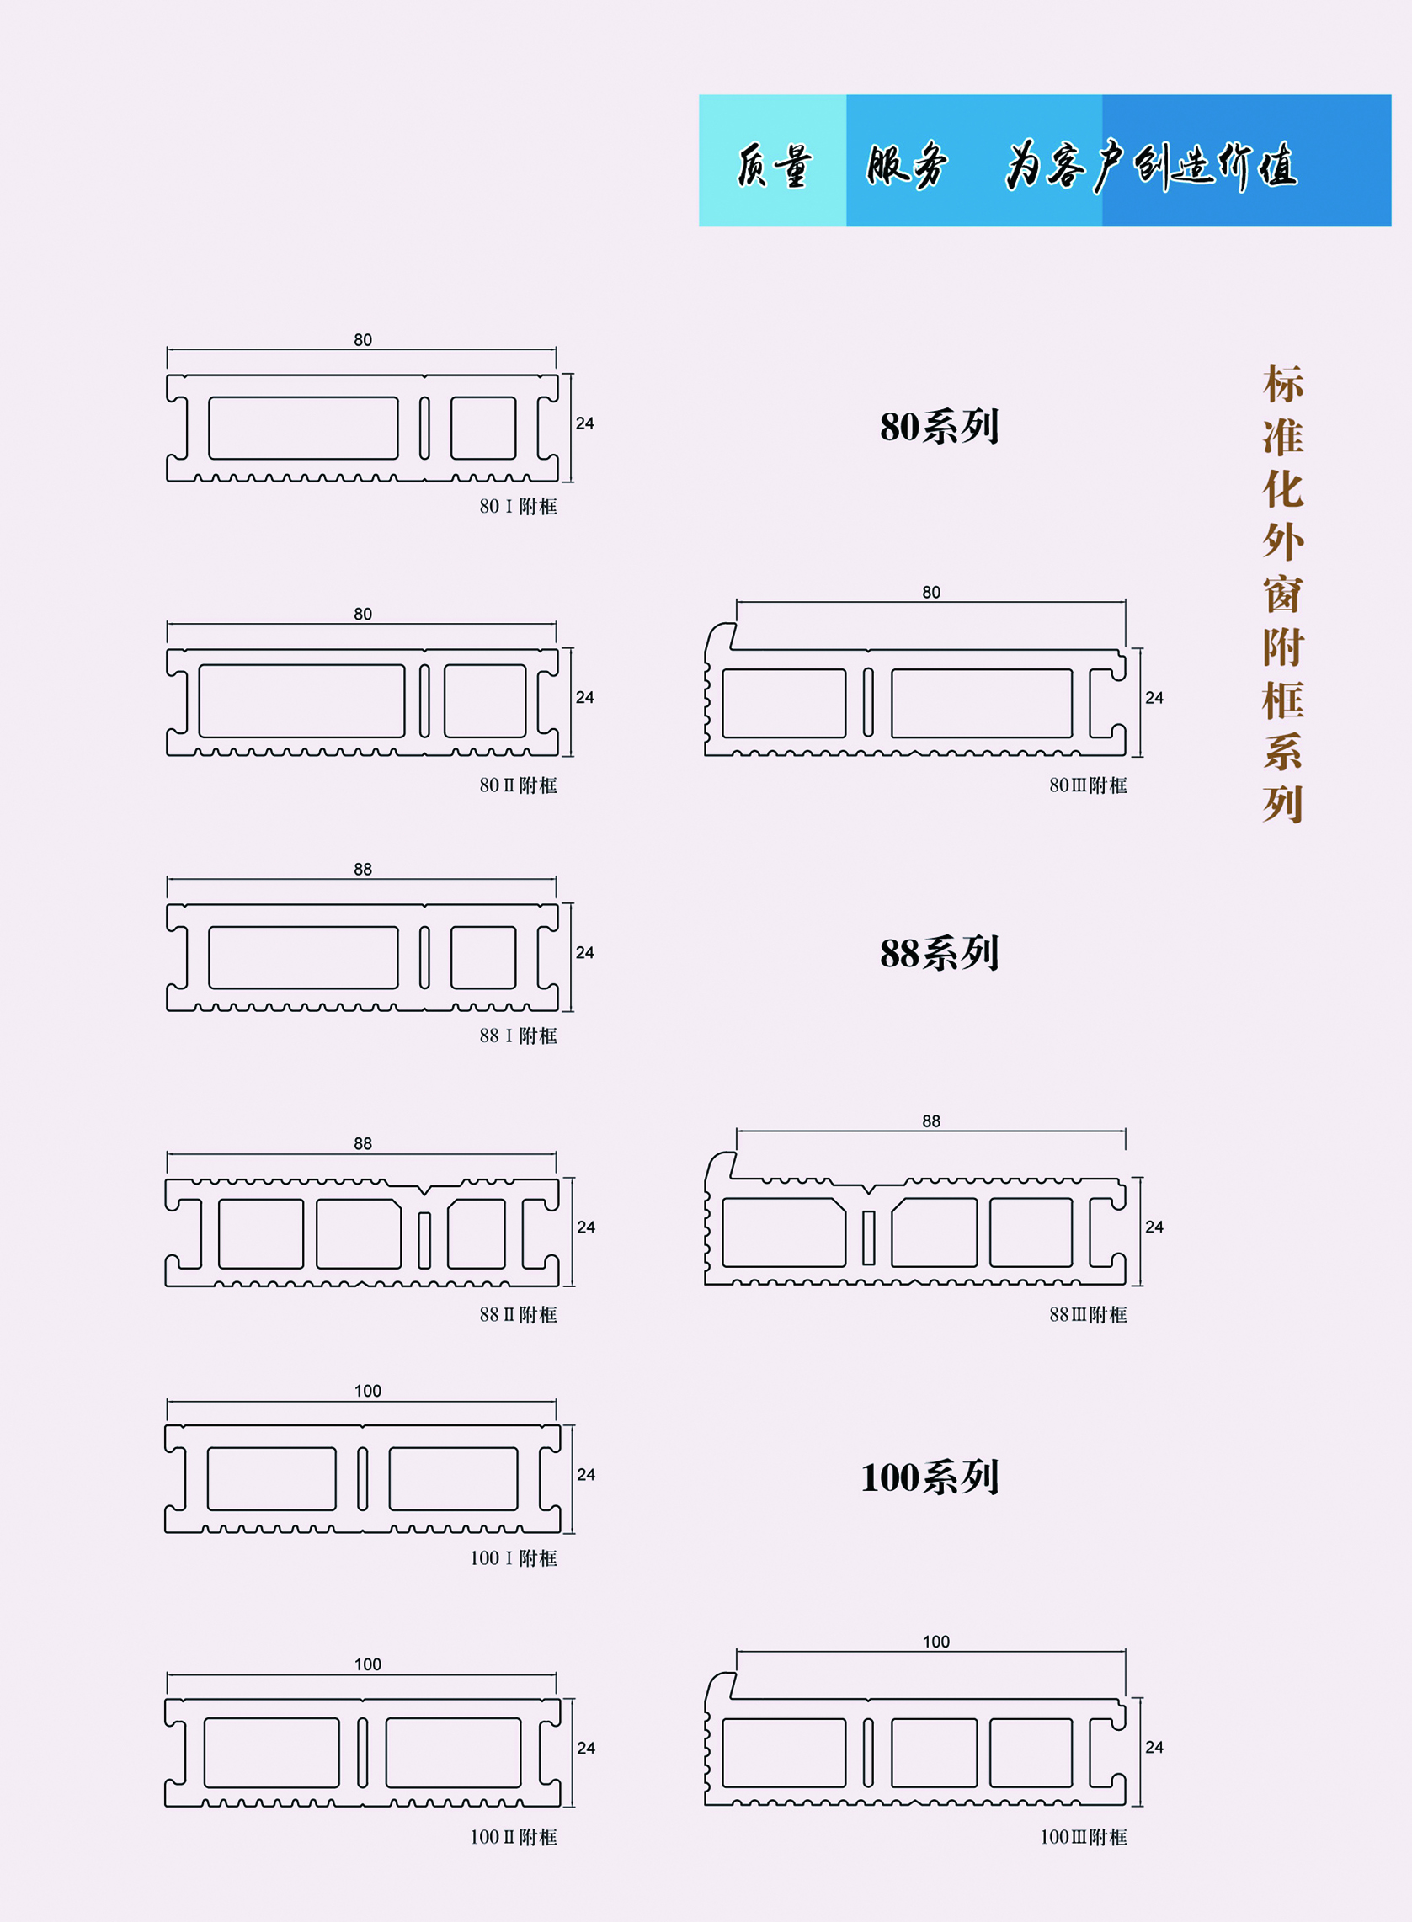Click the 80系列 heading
click(x=939, y=427)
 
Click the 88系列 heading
click(x=939, y=953)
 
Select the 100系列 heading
click(x=929, y=1477)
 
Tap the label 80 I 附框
click(x=517, y=507)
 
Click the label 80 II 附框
click(x=517, y=785)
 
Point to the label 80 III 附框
click(x=1087, y=785)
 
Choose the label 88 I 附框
click(x=517, y=1036)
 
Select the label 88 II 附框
click(x=517, y=1314)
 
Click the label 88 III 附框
click(x=1087, y=1314)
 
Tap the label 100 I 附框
click(x=513, y=1558)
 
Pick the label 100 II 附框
click(x=513, y=1836)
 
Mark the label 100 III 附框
click(x=1083, y=1836)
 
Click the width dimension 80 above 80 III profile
click(x=930, y=592)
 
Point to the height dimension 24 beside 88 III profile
click(x=1154, y=1227)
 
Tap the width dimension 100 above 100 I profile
click(x=368, y=1391)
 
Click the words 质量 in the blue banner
click(x=773, y=165)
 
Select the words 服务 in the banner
click(x=906, y=165)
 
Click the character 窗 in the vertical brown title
click(x=1283, y=594)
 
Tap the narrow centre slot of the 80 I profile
click(x=424, y=428)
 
